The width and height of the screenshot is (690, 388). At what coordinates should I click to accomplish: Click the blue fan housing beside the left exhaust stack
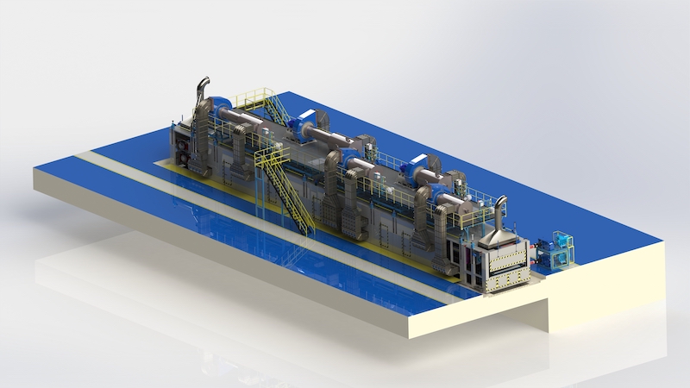coord(217,102)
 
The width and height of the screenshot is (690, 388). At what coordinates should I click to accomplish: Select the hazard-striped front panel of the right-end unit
coord(509,266)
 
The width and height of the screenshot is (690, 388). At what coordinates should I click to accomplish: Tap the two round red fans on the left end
coord(183,147)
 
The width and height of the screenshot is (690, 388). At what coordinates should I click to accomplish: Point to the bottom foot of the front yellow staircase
coord(308,230)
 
